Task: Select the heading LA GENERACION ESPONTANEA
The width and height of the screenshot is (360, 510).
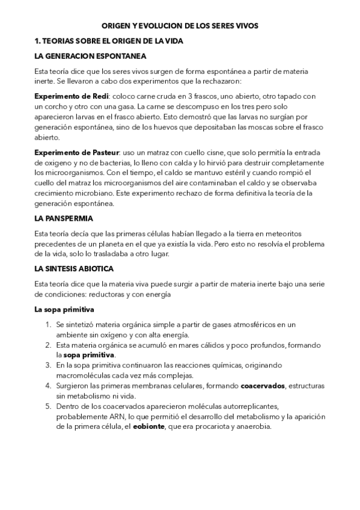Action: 90,56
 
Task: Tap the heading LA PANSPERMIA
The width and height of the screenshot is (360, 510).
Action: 64,218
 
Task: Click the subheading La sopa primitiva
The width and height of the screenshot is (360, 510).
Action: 64,310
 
